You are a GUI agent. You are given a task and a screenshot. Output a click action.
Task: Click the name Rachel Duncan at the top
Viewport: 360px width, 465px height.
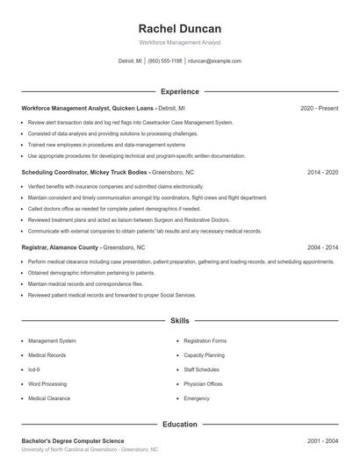pos(179,28)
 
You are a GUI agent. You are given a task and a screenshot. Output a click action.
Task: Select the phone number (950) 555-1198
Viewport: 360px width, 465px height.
pos(165,61)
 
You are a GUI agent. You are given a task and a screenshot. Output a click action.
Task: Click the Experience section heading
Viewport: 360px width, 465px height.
pos(179,91)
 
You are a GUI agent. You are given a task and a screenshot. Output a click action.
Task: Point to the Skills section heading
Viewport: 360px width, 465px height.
pos(179,322)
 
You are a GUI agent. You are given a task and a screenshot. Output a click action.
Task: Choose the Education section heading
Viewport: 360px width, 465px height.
pos(179,424)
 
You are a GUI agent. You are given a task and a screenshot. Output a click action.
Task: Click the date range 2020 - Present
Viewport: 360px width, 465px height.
pos(319,108)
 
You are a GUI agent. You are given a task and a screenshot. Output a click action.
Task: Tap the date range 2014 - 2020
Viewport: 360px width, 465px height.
pos(322,173)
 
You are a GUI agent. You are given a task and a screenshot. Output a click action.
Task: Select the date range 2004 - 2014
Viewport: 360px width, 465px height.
pos(322,248)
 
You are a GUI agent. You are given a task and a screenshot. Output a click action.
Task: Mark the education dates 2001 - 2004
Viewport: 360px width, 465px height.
pos(322,440)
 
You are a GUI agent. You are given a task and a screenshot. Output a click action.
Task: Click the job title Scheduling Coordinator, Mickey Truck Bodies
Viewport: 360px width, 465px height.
pos(85,173)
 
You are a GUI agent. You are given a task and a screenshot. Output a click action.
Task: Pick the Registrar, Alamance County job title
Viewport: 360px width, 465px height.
pos(60,248)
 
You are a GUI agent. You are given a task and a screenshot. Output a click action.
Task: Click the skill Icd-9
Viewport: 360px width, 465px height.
pos(34,369)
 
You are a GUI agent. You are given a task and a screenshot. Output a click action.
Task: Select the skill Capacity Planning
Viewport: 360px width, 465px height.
pos(204,355)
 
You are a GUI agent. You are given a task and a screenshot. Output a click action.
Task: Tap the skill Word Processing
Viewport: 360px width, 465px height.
pos(47,383)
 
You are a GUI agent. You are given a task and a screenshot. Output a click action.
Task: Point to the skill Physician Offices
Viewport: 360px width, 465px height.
pos(203,383)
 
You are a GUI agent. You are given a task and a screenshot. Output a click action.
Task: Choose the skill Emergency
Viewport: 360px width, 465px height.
pos(197,398)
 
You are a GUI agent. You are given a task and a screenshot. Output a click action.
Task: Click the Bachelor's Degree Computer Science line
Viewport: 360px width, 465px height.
pos(73,440)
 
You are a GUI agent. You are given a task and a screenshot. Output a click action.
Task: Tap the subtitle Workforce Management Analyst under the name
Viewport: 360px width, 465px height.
pos(179,42)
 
